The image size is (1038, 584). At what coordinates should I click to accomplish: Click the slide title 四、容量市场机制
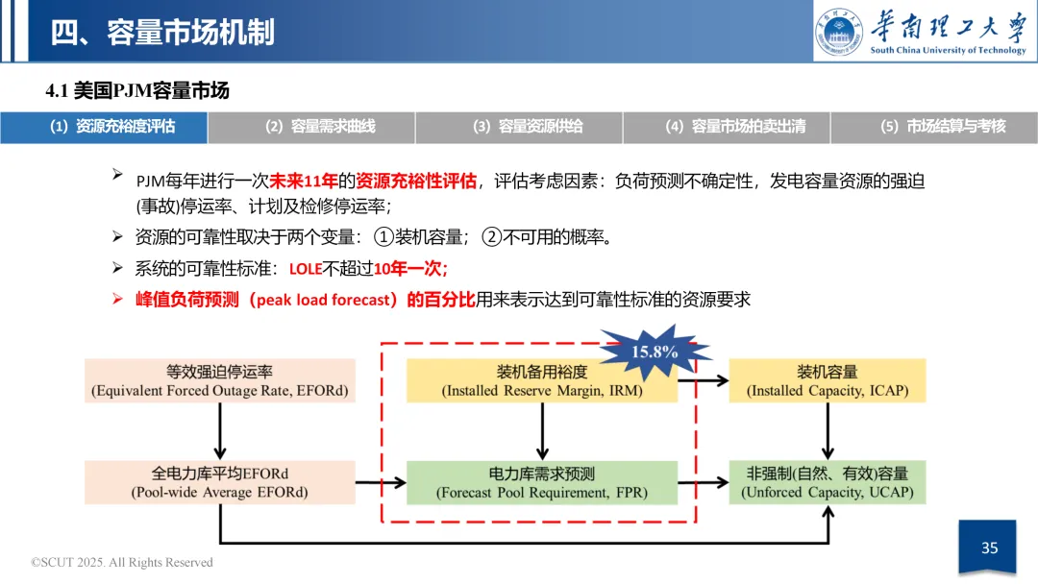tap(162, 32)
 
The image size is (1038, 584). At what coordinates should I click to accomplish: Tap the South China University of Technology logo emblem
tap(840, 32)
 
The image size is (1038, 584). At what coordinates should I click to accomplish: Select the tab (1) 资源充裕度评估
tap(104, 127)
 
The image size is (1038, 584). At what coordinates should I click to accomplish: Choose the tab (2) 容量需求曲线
tap(311, 127)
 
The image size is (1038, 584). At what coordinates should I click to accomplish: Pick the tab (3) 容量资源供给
tap(519, 127)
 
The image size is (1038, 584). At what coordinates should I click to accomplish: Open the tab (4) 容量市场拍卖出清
tap(727, 127)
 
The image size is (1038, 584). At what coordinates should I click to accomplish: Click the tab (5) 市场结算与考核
tap(934, 127)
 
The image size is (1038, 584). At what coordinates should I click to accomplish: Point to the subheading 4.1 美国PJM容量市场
tap(138, 91)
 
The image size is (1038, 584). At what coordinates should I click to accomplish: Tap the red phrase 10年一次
tap(410, 269)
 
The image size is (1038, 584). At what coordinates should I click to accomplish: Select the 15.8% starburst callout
tap(654, 351)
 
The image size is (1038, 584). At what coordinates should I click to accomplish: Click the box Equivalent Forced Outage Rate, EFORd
tap(220, 380)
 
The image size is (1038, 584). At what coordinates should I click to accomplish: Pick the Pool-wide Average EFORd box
tap(220, 482)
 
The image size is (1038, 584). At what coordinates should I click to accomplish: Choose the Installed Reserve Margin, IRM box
tap(542, 380)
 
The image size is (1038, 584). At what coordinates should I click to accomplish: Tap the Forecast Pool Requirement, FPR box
tap(542, 482)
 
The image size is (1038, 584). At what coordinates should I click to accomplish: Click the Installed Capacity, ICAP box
tap(828, 380)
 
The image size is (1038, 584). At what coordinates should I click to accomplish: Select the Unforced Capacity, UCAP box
tap(828, 482)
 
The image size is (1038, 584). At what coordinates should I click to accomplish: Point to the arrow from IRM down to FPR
tap(542, 430)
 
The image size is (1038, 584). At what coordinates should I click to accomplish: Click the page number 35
tap(989, 548)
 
